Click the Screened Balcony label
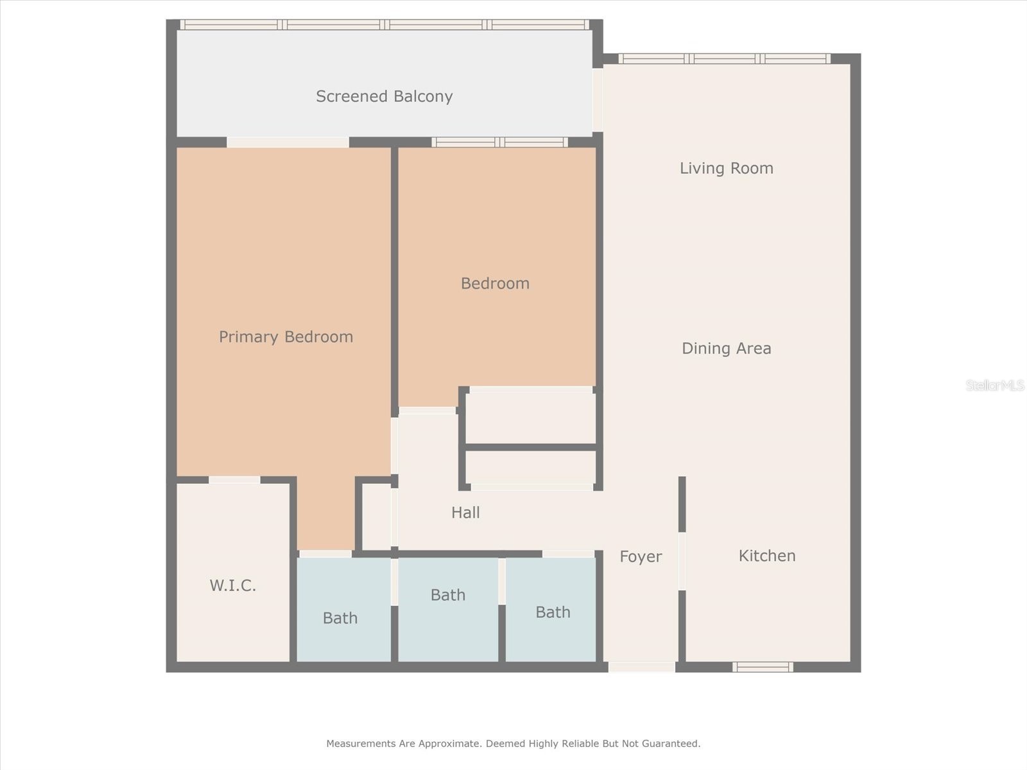click(x=384, y=96)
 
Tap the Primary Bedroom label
click(x=286, y=337)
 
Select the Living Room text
click(x=726, y=168)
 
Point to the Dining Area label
click(x=726, y=348)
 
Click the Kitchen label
click(x=766, y=556)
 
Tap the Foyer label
click(x=640, y=556)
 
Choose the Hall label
click(x=465, y=512)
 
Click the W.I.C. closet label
click(x=232, y=585)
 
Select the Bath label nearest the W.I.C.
click(x=340, y=618)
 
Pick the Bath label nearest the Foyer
click(x=553, y=612)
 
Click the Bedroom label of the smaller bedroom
click(x=495, y=283)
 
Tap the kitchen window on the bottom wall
click(x=763, y=667)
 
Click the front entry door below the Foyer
click(x=641, y=667)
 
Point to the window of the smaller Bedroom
click(x=499, y=142)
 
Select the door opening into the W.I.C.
click(x=234, y=480)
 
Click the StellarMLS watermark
click(x=994, y=385)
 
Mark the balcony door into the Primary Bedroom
click(x=288, y=142)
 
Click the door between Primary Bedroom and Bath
click(x=325, y=553)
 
